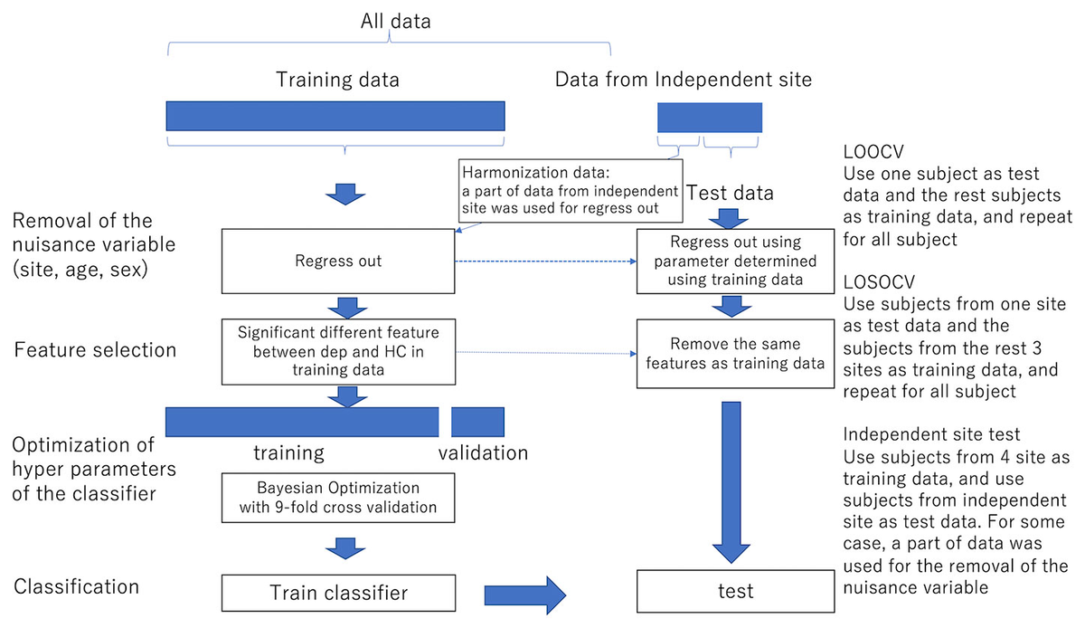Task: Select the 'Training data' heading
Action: [337, 80]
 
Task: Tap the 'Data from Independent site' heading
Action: [683, 80]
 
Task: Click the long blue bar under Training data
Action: [335, 116]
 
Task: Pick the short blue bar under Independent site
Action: [710, 117]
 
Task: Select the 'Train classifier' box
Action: [339, 593]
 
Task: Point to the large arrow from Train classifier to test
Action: [524, 594]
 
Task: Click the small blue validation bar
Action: [477, 422]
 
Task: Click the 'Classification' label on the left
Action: [77, 586]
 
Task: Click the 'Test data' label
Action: [731, 193]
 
